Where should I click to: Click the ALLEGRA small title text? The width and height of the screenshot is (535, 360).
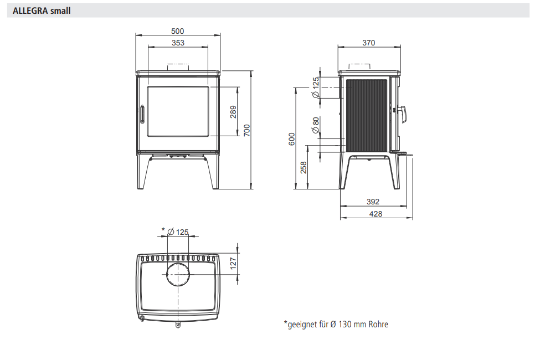(42, 11)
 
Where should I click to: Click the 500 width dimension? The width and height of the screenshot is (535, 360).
(177, 31)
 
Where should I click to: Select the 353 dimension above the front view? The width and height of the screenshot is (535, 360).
(178, 43)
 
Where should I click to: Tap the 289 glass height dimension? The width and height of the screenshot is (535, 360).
(233, 112)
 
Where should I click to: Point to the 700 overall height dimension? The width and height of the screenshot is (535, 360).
(246, 130)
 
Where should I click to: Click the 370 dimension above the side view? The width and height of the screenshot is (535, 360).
(368, 43)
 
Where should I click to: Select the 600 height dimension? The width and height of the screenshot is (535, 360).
(292, 139)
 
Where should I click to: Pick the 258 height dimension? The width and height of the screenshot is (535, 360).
(303, 168)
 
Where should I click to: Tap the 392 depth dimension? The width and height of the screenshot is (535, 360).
(373, 202)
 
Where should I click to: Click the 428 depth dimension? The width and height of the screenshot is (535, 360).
(375, 214)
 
